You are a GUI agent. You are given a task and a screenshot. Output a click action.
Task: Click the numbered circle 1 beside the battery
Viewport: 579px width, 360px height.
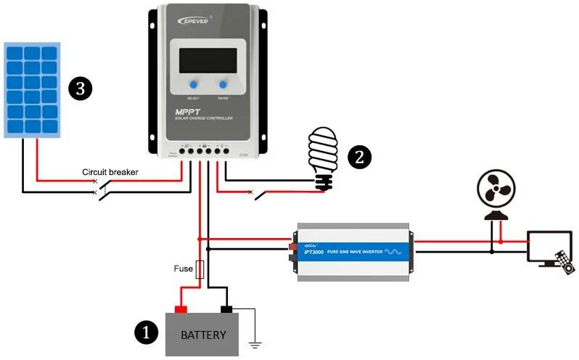pos(147,333)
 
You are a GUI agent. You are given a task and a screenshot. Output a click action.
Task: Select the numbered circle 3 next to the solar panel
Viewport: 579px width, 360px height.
pos(79,89)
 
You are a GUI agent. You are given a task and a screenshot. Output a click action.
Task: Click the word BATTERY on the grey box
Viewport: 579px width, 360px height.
pos(203,335)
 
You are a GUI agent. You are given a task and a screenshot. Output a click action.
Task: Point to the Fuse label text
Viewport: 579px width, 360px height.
pos(184,269)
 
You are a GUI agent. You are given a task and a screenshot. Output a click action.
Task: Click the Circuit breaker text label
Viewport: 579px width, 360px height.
pos(110,172)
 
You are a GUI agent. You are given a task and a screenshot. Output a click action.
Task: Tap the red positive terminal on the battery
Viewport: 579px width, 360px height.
pos(181,308)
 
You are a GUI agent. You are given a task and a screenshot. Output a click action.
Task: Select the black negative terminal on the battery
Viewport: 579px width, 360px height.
pos(226,308)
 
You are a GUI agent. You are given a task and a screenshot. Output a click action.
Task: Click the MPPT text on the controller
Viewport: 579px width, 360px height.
pos(190,112)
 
